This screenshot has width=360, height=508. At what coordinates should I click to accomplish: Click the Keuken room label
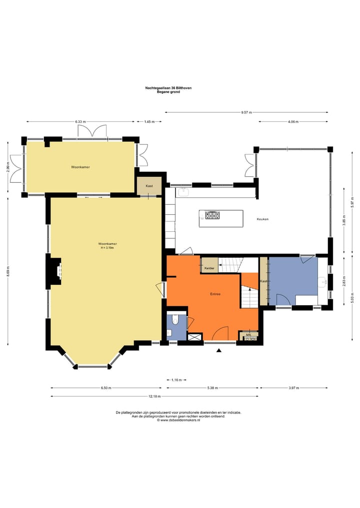coord(262,219)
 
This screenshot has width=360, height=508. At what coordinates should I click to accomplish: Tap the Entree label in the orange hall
coord(215,294)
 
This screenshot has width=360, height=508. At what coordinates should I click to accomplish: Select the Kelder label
coord(209,268)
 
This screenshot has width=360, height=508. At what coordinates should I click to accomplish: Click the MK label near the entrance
coord(249,335)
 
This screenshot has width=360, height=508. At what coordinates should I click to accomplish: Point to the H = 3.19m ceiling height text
coord(107,248)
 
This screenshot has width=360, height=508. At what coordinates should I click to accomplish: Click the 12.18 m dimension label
coord(154,396)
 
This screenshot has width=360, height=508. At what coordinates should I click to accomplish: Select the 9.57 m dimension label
coord(246,112)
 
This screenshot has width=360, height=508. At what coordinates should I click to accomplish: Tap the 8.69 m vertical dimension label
coord(8,271)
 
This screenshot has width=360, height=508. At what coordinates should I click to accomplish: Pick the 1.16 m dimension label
coord(176,380)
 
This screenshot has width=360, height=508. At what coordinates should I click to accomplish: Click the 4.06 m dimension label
coord(293,122)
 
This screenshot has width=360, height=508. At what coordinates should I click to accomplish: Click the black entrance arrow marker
coord(219,350)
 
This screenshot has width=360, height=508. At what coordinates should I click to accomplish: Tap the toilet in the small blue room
coord(175,320)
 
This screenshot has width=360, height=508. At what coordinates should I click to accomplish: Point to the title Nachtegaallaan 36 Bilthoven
coord(168,88)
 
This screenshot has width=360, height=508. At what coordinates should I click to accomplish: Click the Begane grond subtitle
coord(168,92)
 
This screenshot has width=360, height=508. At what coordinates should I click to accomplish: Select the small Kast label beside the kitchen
coord(149,186)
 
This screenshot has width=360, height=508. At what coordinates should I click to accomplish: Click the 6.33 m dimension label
coord(80,122)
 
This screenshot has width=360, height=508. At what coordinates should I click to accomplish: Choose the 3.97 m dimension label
coord(294,388)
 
